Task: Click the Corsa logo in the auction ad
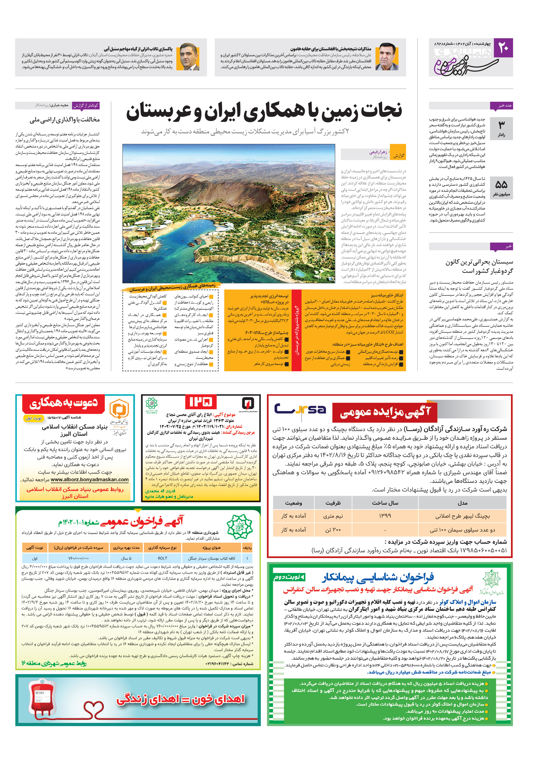(300, 409)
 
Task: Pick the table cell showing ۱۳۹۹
(384, 516)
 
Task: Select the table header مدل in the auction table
(462, 503)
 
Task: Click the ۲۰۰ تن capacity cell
(333, 530)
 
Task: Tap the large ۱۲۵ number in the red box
(201, 402)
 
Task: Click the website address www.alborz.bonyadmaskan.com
(89, 479)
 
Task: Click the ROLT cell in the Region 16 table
(163, 558)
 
